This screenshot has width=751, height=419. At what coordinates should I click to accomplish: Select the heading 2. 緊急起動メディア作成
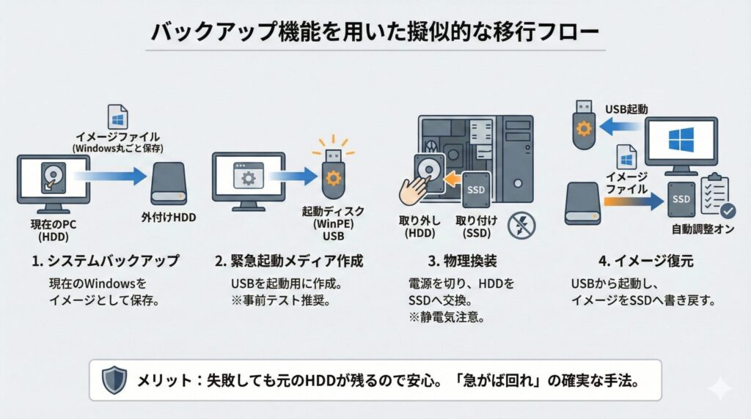pyautogui.click(x=289, y=261)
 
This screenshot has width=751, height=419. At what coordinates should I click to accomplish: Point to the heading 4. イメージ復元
pyautogui.click(x=635, y=261)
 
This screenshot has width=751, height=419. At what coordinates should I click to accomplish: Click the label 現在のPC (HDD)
pyautogui.click(x=54, y=226)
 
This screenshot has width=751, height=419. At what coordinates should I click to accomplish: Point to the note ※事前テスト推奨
pyautogui.click(x=278, y=300)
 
